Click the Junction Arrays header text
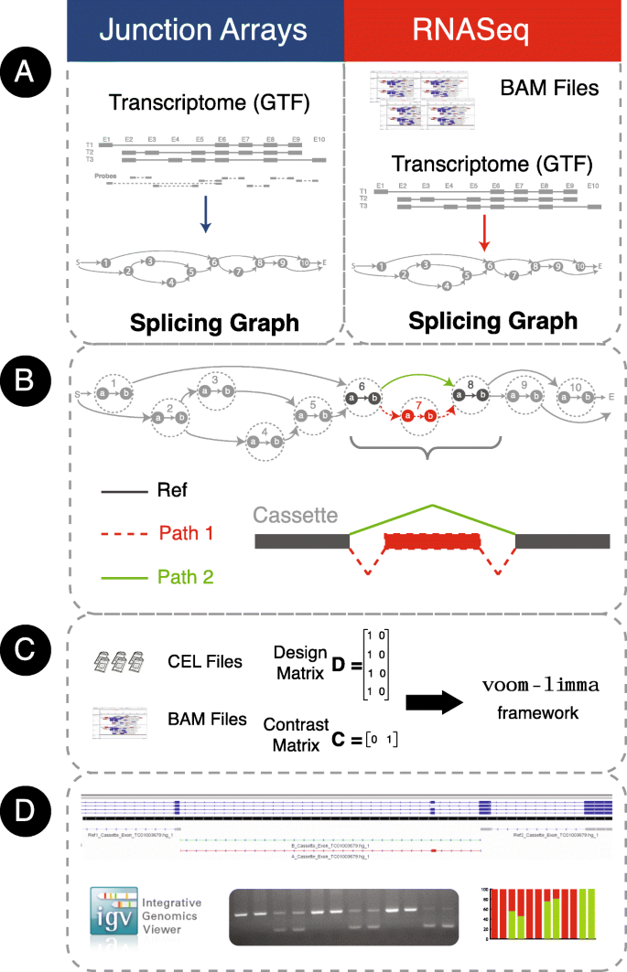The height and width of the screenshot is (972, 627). (203, 29)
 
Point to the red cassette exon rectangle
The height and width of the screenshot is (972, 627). (432, 541)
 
